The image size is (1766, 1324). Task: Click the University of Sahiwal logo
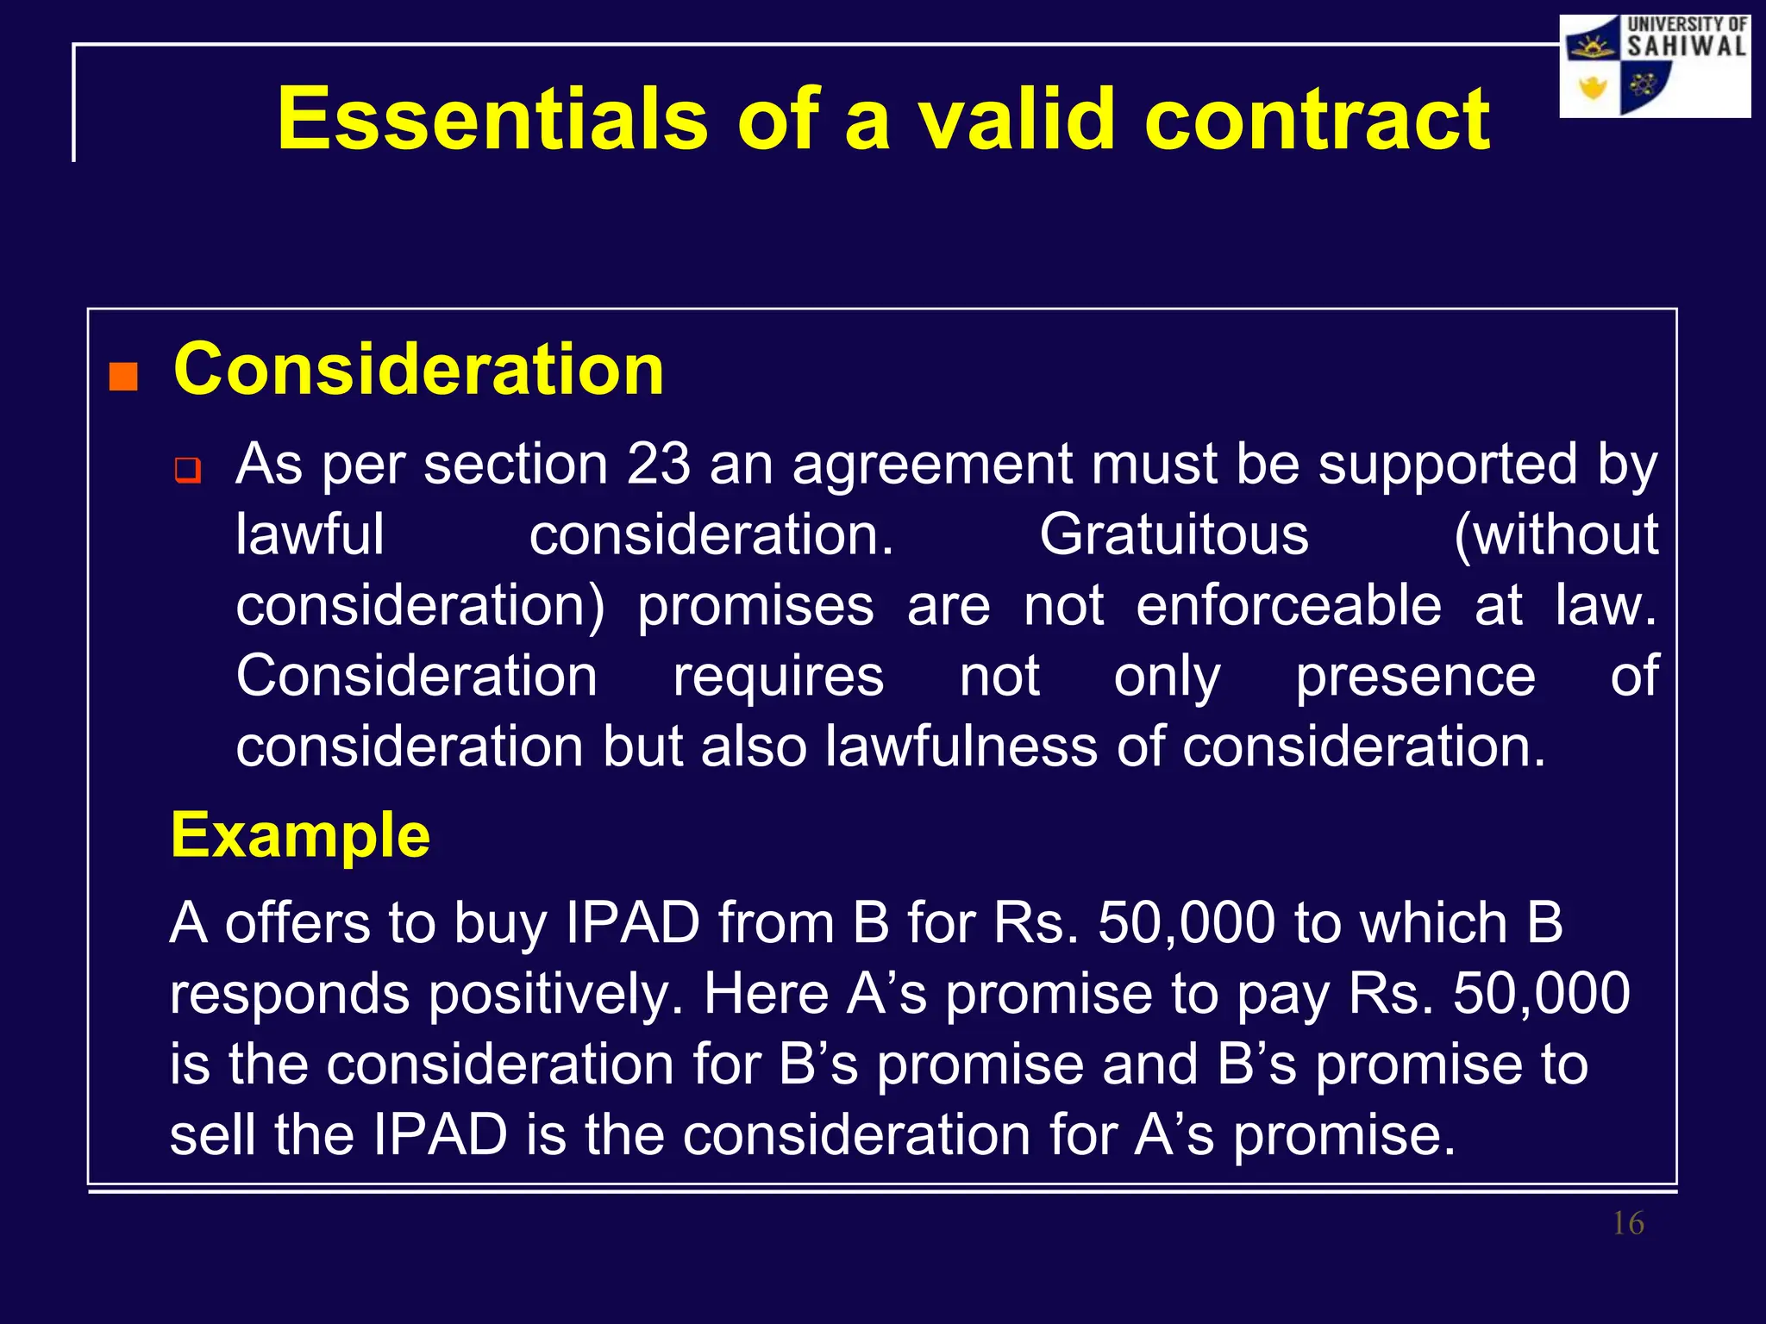click(x=1655, y=66)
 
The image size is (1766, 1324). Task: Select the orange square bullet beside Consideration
click(x=123, y=377)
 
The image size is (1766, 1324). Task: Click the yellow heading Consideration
click(x=418, y=370)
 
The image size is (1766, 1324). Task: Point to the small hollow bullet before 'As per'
click(x=187, y=471)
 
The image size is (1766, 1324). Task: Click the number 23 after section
click(x=658, y=465)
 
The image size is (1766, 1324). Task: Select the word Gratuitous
click(x=1174, y=535)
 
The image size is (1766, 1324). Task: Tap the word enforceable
click(x=1288, y=605)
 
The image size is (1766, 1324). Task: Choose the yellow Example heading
click(x=300, y=835)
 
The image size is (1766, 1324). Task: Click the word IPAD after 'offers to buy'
click(x=632, y=923)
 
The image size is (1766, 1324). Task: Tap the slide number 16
click(x=1628, y=1223)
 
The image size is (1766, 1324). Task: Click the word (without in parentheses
click(x=1556, y=535)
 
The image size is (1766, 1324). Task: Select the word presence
click(x=1415, y=676)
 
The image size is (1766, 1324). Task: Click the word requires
click(x=778, y=676)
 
